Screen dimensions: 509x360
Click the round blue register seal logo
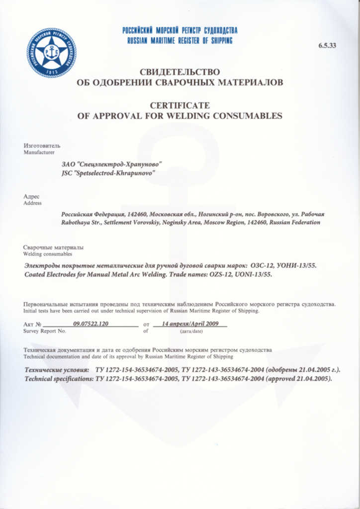coord(52,53)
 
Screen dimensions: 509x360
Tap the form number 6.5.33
coord(327,46)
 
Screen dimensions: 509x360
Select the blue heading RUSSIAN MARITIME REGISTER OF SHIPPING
coord(180,41)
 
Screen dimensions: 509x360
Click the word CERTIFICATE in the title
coord(180,105)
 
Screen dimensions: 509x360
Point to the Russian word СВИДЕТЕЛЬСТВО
coord(180,72)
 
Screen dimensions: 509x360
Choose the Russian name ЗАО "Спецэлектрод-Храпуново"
coord(111,164)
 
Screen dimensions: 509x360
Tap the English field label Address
coord(32,203)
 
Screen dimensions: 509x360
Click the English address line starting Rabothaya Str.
coord(190,223)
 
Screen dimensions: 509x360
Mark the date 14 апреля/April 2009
coord(190,323)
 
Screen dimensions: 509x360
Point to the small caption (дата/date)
coord(190,331)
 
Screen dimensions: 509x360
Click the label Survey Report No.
coord(45,331)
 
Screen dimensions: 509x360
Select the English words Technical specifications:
coord(59,379)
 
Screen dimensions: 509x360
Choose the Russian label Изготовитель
coord(42,146)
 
